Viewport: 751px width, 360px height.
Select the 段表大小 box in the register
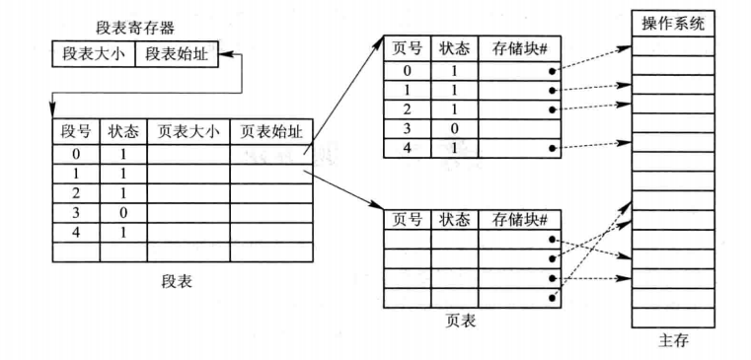coord(94,53)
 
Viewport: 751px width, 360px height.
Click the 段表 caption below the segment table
coord(177,282)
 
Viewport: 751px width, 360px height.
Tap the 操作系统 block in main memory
coord(673,25)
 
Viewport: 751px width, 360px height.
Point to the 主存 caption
coord(673,341)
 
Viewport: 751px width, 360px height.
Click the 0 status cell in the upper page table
coord(454,127)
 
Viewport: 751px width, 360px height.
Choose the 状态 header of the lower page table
coord(454,219)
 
